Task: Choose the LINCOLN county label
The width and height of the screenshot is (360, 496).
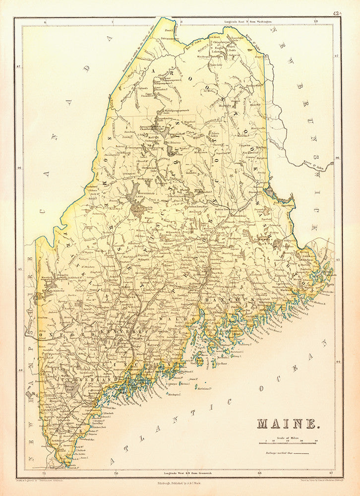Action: tap(149, 366)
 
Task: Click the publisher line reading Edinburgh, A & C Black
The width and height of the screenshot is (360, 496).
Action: tap(180, 482)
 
